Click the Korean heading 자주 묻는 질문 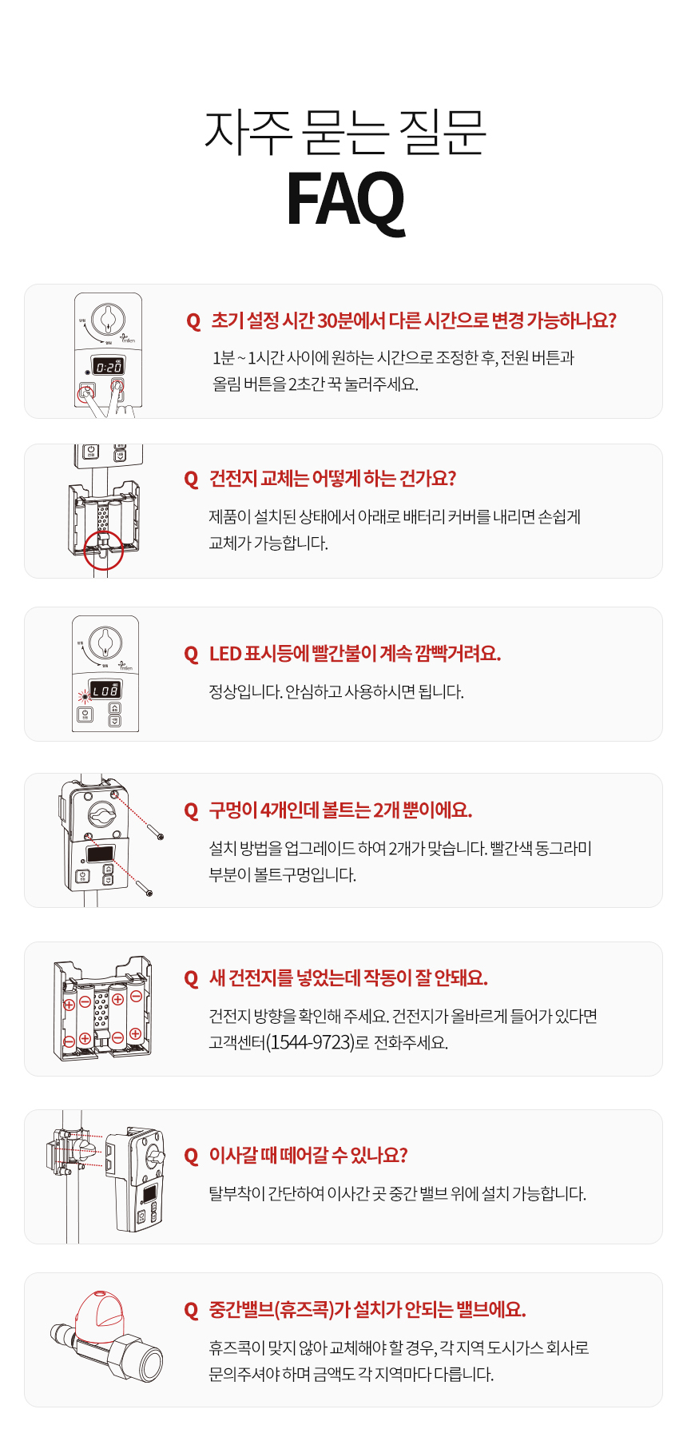345,132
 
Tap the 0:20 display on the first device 109,367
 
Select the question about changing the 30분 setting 414,320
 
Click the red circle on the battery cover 103,550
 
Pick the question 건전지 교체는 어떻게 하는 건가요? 332,479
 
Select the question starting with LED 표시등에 355,654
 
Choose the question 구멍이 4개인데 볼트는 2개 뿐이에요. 340,810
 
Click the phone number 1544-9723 310,1042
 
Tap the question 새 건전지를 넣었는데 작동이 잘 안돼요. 348,977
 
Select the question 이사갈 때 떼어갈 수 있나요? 308,1155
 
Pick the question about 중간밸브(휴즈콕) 367,1310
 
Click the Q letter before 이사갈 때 191,1156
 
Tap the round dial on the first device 108,320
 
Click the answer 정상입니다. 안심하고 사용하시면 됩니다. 336,692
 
